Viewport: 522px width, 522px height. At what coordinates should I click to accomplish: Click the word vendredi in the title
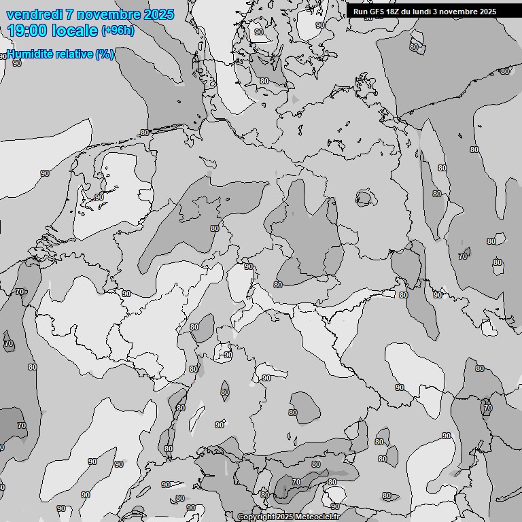pos(31,14)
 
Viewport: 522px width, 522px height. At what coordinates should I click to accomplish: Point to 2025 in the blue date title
pos(158,14)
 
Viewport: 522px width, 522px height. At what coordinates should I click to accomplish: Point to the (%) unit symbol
pos(104,54)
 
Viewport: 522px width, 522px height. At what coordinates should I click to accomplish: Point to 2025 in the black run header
pos(487,12)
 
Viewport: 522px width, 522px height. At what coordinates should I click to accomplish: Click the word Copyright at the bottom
pos(256,517)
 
